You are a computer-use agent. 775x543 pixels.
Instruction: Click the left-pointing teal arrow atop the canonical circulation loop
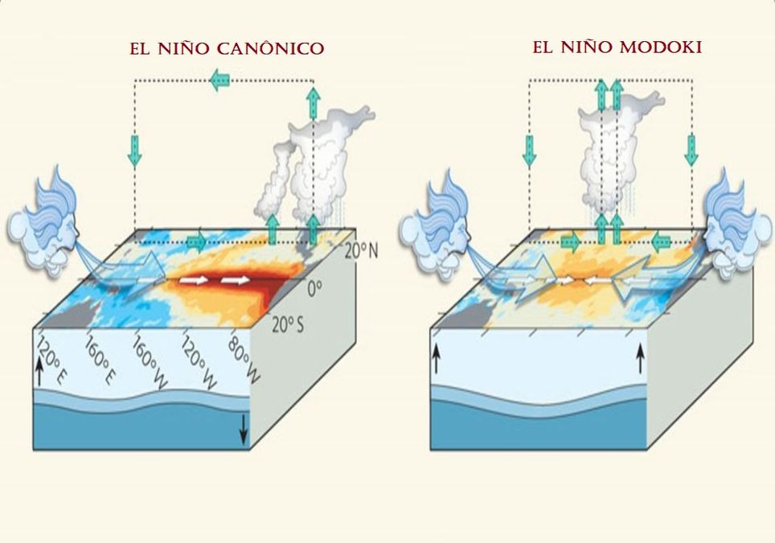pyautogui.click(x=219, y=79)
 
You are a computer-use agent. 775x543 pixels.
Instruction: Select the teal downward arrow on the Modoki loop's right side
pyautogui.click(x=691, y=148)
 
